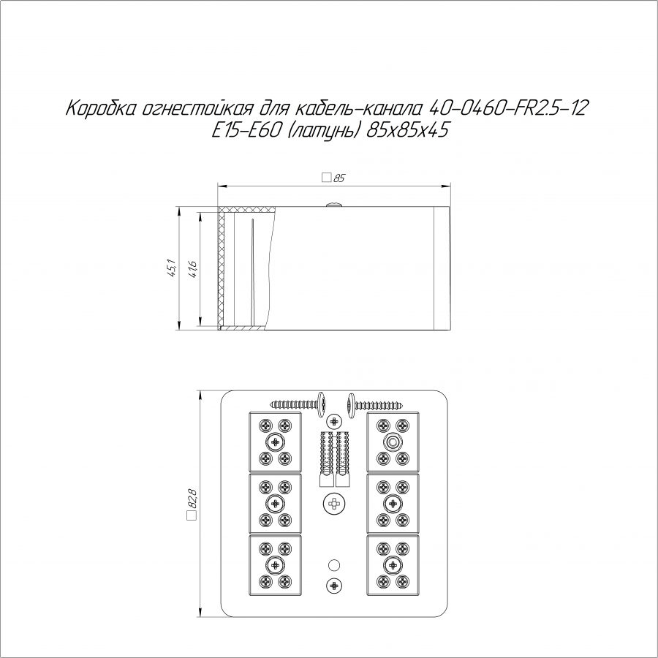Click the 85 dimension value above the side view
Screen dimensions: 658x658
tap(339, 178)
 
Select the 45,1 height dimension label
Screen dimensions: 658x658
tap(172, 268)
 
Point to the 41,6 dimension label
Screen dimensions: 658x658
tap(192, 269)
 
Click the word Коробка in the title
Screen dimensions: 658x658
tap(101, 109)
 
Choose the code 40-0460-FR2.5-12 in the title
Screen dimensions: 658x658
tap(508, 108)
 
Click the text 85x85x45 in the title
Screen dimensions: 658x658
tap(407, 131)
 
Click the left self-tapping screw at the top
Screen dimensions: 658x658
tap(298, 404)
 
